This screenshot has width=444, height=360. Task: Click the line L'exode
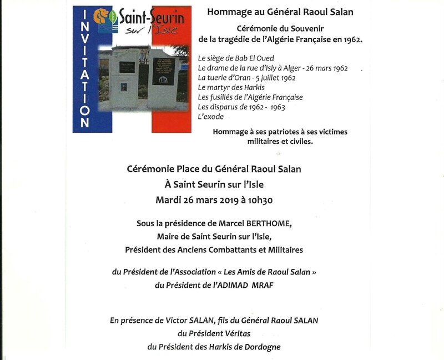point(210,117)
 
